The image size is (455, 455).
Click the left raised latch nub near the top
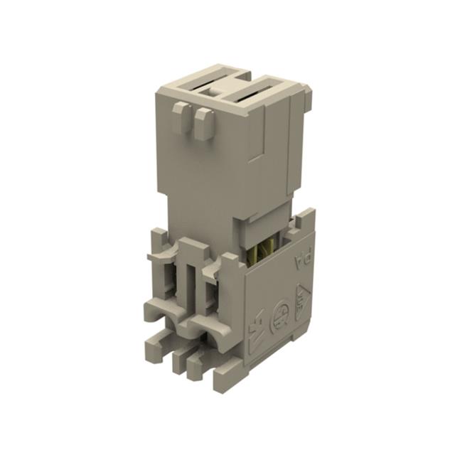[178, 117]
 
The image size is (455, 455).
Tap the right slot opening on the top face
[262, 89]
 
